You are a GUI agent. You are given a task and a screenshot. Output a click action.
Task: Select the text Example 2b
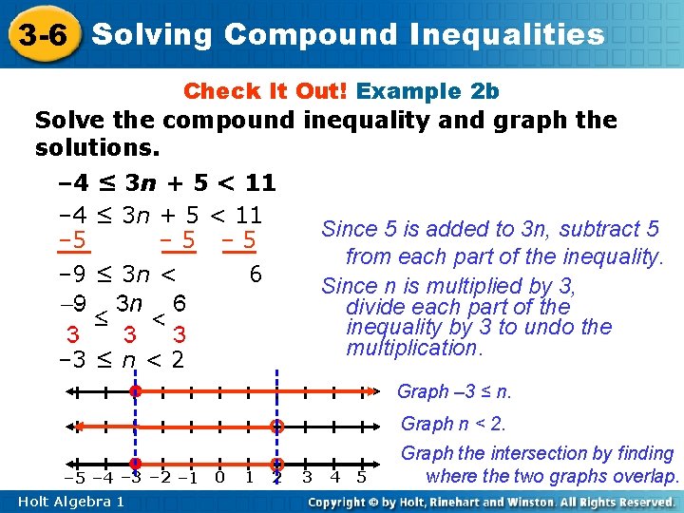click(x=427, y=91)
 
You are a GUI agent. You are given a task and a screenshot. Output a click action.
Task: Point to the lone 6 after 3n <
click(x=255, y=275)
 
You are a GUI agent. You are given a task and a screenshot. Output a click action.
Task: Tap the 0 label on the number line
click(x=219, y=477)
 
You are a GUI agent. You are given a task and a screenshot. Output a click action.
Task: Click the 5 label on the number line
click(x=361, y=477)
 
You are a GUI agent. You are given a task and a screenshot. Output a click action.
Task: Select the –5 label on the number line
click(x=75, y=477)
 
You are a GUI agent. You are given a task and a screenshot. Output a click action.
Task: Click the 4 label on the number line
click(x=334, y=477)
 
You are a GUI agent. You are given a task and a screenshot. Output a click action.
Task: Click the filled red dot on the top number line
click(x=136, y=390)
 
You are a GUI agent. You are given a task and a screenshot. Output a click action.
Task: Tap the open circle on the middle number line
click(x=277, y=427)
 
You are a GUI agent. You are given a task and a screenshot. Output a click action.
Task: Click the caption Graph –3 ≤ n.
click(x=454, y=391)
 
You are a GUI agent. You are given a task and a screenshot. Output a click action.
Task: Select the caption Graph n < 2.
click(x=453, y=424)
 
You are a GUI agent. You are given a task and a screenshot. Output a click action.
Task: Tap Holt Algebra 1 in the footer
click(x=70, y=501)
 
